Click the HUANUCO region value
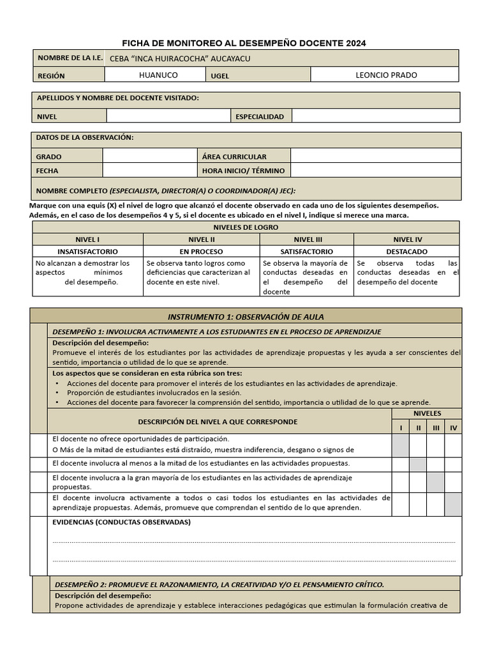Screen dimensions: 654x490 (158, 75)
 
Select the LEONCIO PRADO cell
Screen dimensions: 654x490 (386, 75)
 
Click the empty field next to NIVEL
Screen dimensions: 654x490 (168, 116)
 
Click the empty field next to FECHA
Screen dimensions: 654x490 (150, 171)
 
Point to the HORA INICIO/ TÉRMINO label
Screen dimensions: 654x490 (243, 171)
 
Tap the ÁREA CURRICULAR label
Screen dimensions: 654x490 (234, 156)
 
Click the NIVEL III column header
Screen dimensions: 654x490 (307, 239)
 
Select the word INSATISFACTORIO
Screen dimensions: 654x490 (87, 252)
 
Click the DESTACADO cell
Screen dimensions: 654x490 (406, 252)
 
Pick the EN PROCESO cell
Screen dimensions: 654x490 (201, 252)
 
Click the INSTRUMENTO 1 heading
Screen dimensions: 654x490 (246, 316)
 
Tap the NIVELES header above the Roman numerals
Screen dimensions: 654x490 (427, 413)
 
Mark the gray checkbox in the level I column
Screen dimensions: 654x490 (400, 446)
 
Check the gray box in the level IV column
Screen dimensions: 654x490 (454, 504)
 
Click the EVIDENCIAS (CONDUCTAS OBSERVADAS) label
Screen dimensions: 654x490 (121, 522)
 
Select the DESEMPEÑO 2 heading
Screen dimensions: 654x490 (219, 584)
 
